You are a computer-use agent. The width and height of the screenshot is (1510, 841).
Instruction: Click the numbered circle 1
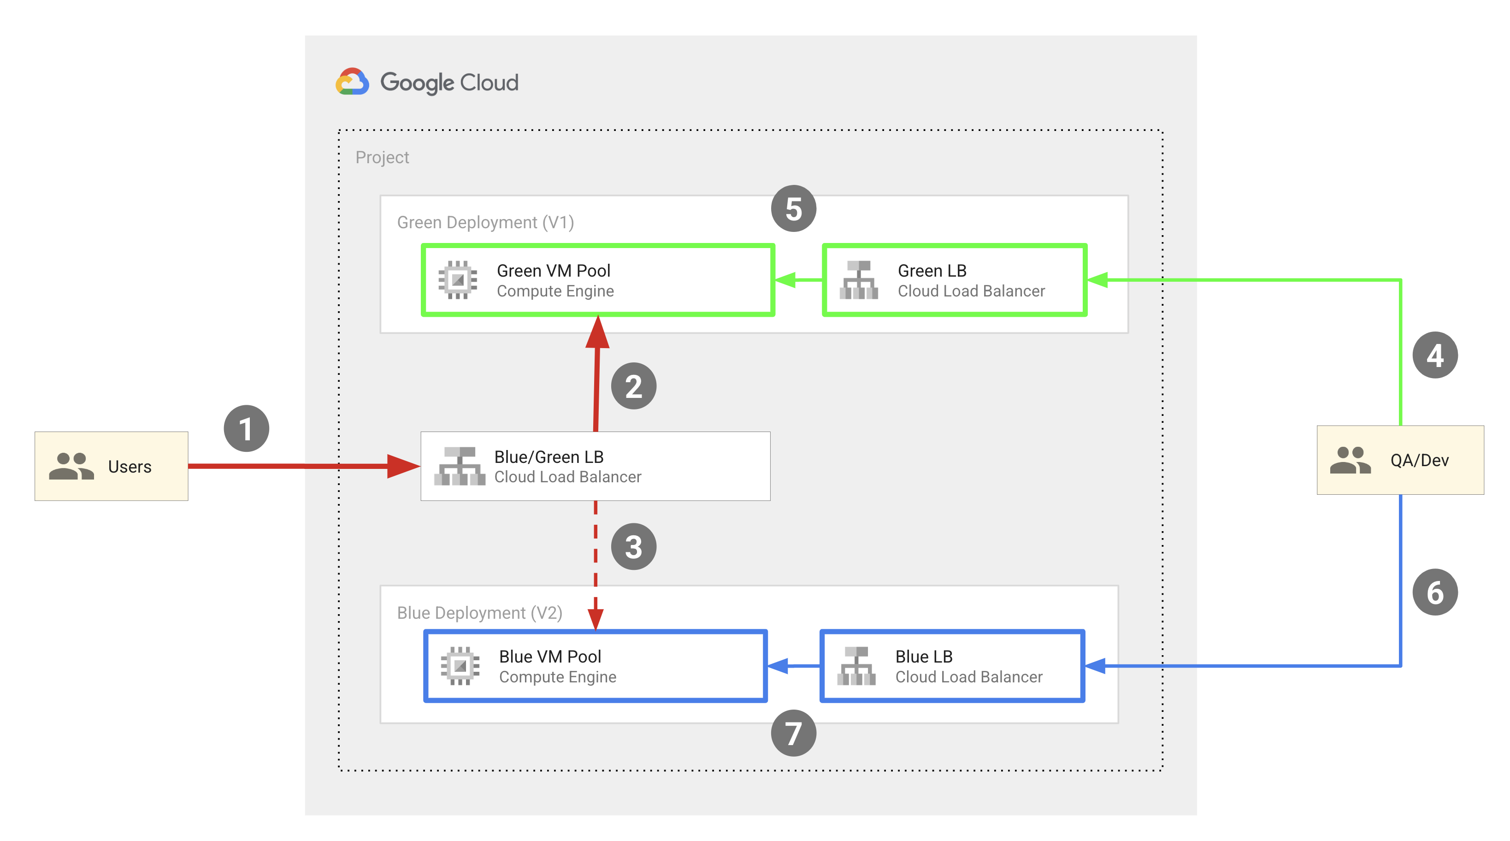coord(246,429)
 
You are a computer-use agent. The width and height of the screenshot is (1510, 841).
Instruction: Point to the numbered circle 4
coord(1434,355)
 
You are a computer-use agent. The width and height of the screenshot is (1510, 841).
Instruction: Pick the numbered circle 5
coord(793,209)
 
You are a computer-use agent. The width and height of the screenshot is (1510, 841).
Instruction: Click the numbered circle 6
coord(1434,592)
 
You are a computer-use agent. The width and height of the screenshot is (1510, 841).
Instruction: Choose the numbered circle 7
coord(793,733)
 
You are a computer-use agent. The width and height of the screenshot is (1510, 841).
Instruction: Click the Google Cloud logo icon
coord(352,82)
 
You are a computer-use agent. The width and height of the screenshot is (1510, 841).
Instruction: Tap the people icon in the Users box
coord(71,466)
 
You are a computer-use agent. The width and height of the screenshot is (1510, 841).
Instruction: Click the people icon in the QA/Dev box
coord(1350,460)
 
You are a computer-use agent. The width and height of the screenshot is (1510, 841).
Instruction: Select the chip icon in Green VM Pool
coord(458,280)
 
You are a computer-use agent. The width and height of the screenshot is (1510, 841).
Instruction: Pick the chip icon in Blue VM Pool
coord(460,666)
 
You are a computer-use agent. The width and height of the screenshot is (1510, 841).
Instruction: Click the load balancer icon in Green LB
coord(859,280)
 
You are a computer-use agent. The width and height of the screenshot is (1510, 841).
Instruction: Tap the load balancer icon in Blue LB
coord(856,666)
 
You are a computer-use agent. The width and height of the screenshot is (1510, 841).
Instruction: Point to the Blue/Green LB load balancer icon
coord(460,466)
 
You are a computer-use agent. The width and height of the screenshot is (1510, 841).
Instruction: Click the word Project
coord(382,157)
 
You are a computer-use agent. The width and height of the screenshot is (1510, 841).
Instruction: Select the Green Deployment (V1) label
coord(485,222)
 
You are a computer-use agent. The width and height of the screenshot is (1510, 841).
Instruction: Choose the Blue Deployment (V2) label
coord(479,613)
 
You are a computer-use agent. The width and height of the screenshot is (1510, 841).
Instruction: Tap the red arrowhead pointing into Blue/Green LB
coord(403,466)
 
